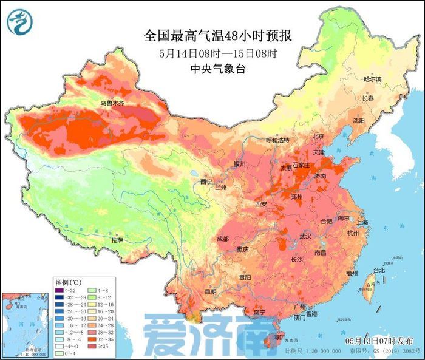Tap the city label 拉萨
tap(117, 240)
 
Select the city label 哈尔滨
tap(372, 80)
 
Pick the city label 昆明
tap(211, 291)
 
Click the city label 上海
tap(363, 222)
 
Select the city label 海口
tap(280, 336)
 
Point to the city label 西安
tap(261, 204)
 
